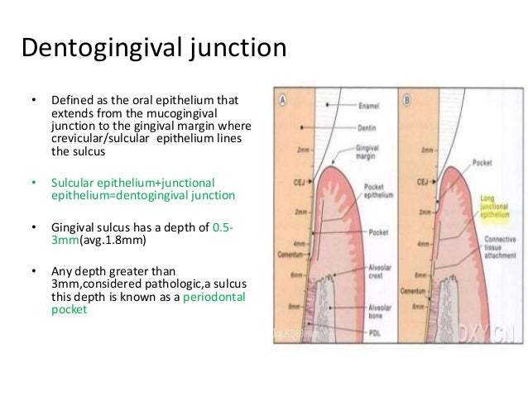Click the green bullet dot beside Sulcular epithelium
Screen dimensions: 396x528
[x=34, y=183]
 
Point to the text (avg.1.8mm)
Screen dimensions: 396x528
[x=107, y=242]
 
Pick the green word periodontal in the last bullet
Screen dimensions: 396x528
[x=219, y=295]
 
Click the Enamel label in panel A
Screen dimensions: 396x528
[x=370, y=106]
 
